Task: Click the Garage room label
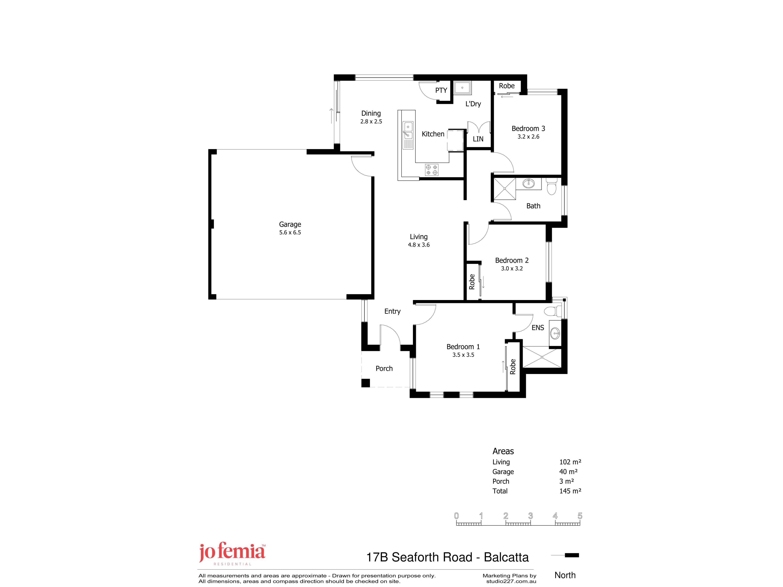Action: click(x=290, y=224)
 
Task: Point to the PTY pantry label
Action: click(x=441, y=90)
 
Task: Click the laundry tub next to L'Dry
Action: click(x=462, y=88)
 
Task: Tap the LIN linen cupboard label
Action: click(x=478, y=139)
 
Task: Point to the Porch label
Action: click(x=384, y=368)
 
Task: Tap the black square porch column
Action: click(x=366, y=383)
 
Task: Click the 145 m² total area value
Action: click(x=570, y=491)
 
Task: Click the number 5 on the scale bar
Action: click(x=580, y=516)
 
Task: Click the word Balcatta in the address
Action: click(x=506, y=557)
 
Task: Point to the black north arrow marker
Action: click(x=572, y=555)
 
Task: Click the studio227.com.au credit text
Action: click(x=511, y=581)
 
